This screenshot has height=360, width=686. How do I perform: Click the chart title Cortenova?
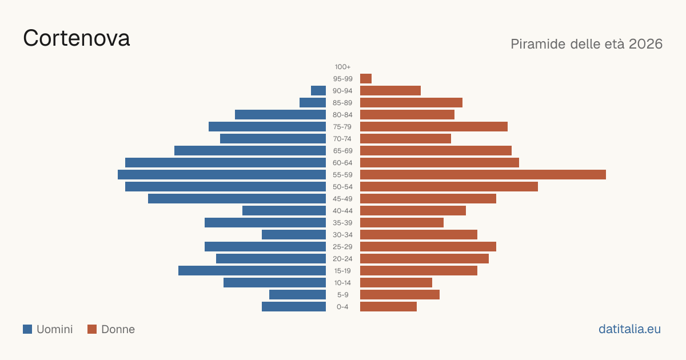click(x=76, y=38)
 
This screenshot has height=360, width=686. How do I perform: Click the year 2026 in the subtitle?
click(x=645, y=44)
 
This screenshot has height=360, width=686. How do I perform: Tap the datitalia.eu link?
click(x=629, y=329)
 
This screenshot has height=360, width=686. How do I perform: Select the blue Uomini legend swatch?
click(x=27, y=329)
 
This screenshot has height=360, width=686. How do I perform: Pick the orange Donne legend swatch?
click(x=92, y=329)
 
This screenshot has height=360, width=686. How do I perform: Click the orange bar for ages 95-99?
click(x=366, y=79)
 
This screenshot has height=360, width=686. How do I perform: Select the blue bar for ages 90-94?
click(x=318, y=91)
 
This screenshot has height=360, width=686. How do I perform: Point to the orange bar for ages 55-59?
click(x=483, y=174)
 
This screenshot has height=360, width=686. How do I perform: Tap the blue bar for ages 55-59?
click(x=222, y=174)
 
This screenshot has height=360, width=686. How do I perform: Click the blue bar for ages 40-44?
click(x=284, y=211)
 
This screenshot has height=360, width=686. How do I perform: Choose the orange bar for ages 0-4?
click(x=388, y=306)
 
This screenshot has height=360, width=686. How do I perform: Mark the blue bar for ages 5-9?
click(x=298, y=294)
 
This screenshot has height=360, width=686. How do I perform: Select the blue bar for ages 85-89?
click(x=313, y=102)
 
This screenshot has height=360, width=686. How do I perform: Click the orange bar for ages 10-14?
click(x=396, y=282)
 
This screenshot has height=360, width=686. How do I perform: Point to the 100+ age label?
click(x=342, y=67)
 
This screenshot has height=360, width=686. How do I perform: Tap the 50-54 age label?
click(x=342, y=187)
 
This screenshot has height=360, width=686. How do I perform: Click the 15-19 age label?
click(x=342, y=271)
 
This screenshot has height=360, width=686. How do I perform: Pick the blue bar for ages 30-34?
click(x=294, y=234)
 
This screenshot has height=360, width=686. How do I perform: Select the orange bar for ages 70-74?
click(x=405, y=139)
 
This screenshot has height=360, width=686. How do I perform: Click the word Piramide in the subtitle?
click(x=538, y=44)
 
